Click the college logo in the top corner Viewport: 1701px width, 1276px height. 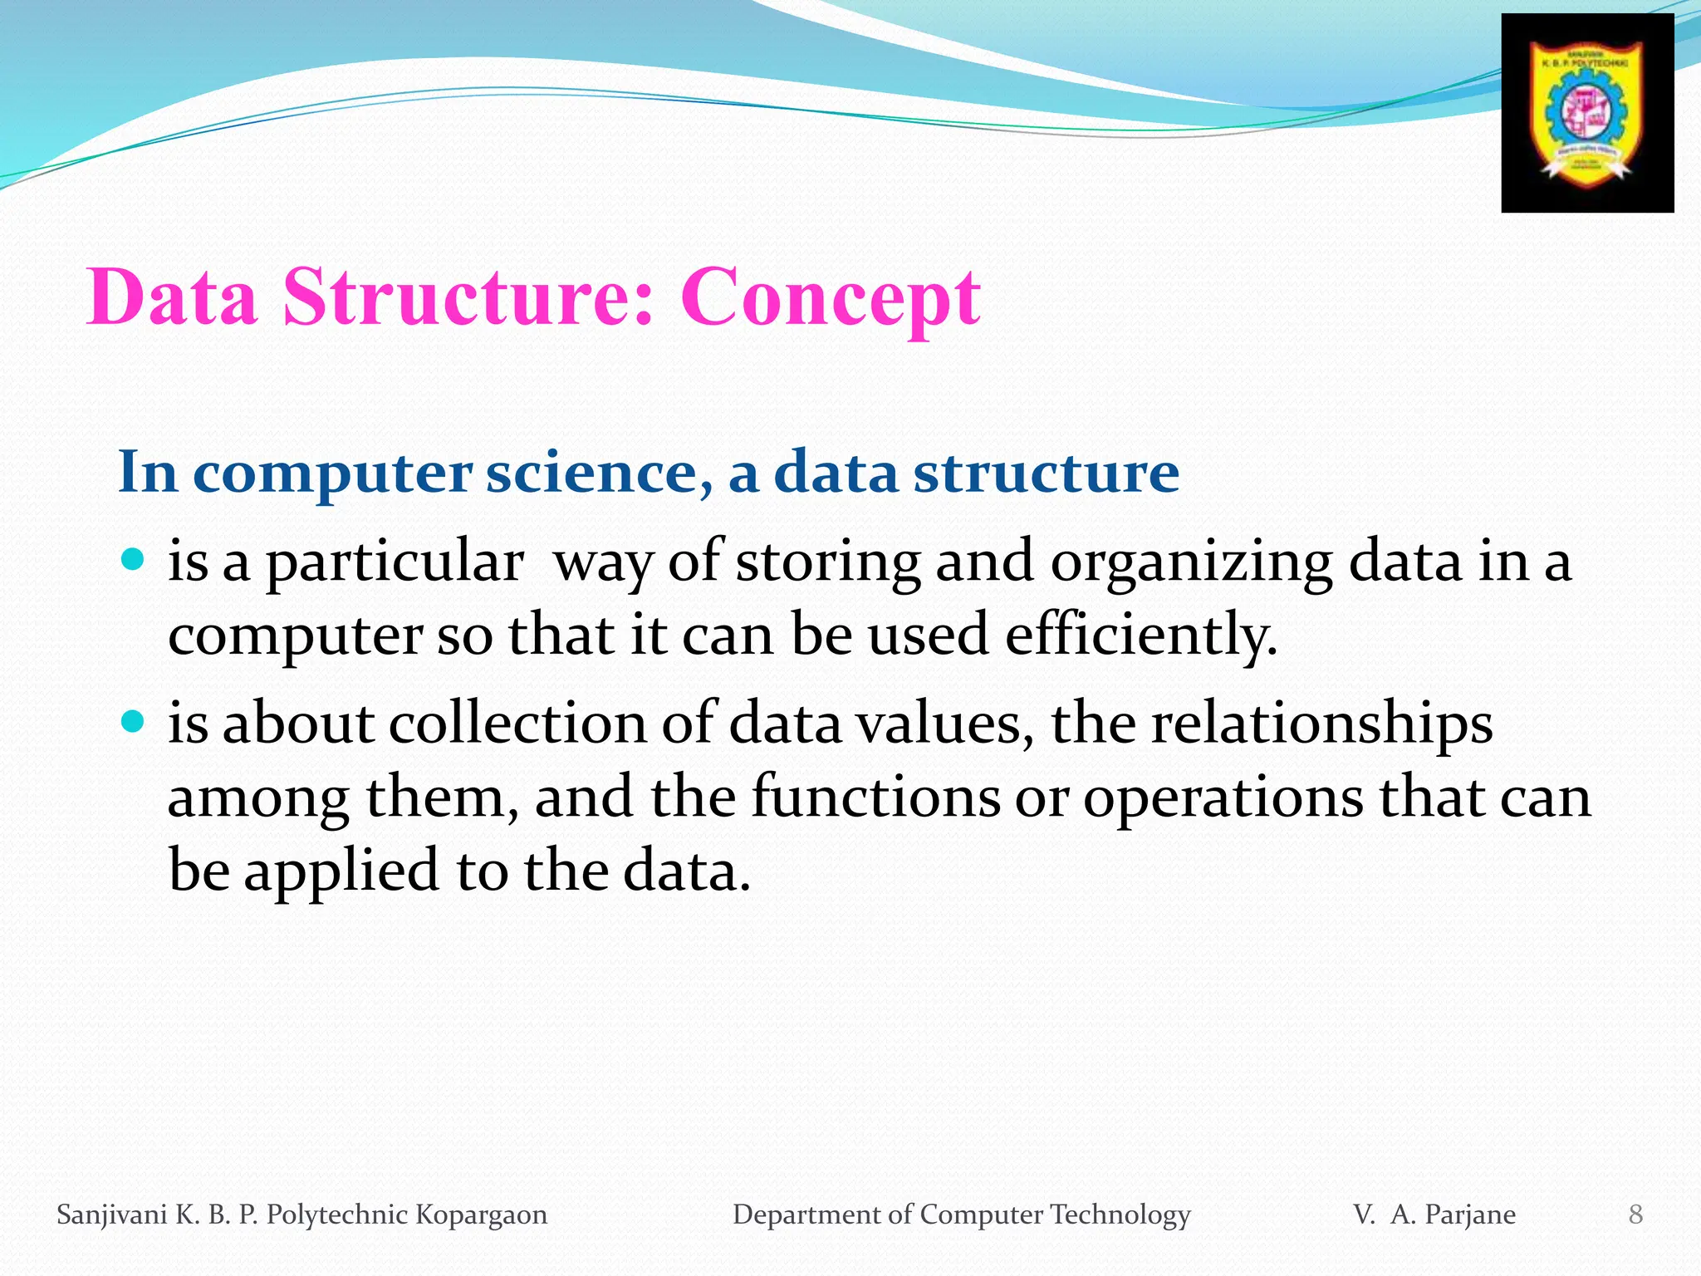coord(1587,113)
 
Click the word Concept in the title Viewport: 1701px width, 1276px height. coord(830,298)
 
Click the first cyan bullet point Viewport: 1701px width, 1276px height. coord(132,557)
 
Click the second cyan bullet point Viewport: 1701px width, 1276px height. coord(132,719)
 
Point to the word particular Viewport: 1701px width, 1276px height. coord(394,564)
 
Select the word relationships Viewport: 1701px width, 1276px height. coord(1321,724)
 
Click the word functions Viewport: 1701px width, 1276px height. coord(875,797)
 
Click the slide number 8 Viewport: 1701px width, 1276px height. coord(1635,1215)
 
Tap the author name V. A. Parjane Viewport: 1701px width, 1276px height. coord(1434,1215)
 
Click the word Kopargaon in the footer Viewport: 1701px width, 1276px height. coord(481,1215)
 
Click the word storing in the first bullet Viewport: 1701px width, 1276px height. coord(827,564)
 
